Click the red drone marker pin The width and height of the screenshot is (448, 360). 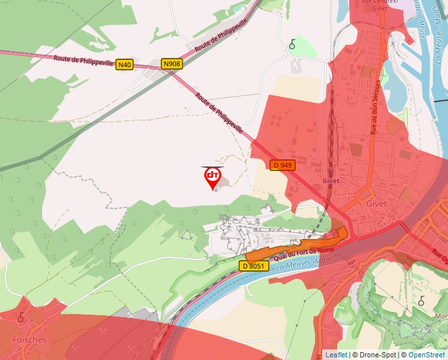click(212, 176)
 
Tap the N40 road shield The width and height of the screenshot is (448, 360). click(125, 64)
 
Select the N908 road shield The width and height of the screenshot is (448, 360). click(172, 64)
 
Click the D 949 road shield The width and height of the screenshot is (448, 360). click(282, 165)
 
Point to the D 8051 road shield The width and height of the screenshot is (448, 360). click(254, 266)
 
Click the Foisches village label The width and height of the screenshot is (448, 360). click(30, 340)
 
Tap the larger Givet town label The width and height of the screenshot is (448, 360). click(376, 203)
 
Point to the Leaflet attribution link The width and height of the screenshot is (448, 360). click(336, 355)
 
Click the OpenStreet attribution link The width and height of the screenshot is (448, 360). click(426, 355)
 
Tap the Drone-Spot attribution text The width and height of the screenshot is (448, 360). click(377, 355)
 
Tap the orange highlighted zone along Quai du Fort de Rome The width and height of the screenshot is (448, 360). click(296, 247)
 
